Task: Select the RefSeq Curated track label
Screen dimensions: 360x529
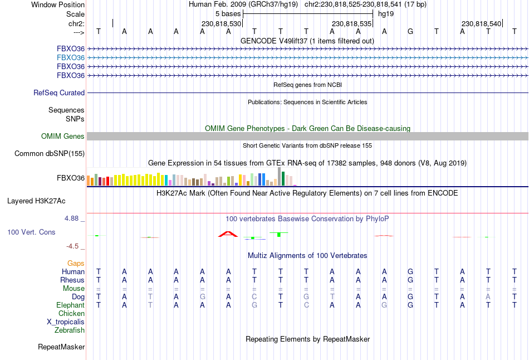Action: (59, 93)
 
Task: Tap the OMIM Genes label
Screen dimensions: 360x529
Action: (63, 137)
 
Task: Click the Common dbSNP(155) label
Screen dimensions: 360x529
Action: (50, 154)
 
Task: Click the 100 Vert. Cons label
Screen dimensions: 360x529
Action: (31, 232)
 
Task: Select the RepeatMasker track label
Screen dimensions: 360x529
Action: (61, 347)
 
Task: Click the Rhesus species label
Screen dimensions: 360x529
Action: (72, 280)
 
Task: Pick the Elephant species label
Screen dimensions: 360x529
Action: (70, 305)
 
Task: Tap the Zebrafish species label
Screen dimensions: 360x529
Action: (70, 330)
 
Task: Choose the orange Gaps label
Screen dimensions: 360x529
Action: (76, 263)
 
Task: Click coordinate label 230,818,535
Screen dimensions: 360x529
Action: (351, 24)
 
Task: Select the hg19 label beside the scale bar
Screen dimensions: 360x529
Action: (386, 13)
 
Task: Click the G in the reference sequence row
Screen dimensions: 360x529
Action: (410, 31)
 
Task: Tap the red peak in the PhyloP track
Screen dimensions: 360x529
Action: (228, 234)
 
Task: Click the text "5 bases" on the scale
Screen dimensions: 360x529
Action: (228, 13)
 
